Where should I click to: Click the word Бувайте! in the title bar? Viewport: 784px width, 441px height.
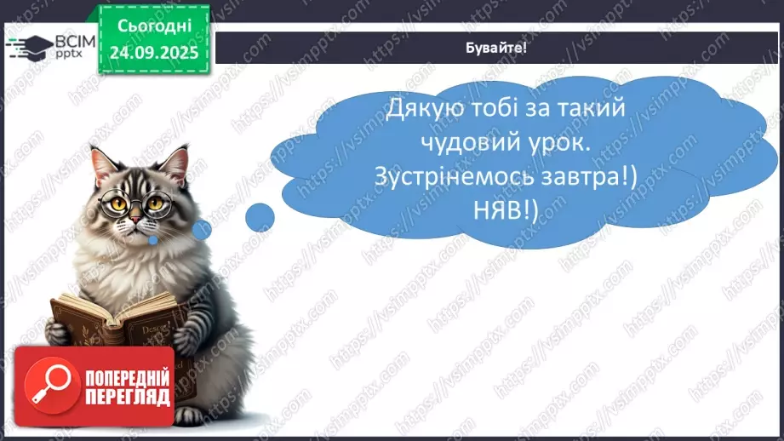click(497, 48)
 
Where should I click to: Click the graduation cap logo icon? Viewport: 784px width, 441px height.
click(28, 45)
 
